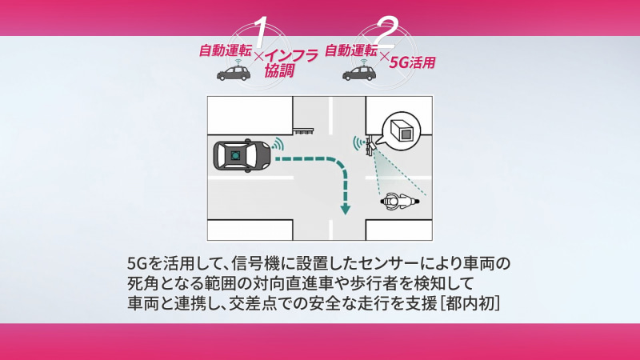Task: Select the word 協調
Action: click(279, 71)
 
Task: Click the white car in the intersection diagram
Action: click(242, 156)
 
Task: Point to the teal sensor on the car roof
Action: click(237, 155)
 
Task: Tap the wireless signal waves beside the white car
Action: click(278, 144)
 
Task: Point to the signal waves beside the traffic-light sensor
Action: click(357, 144)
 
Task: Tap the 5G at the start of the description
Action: click(136, 262)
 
